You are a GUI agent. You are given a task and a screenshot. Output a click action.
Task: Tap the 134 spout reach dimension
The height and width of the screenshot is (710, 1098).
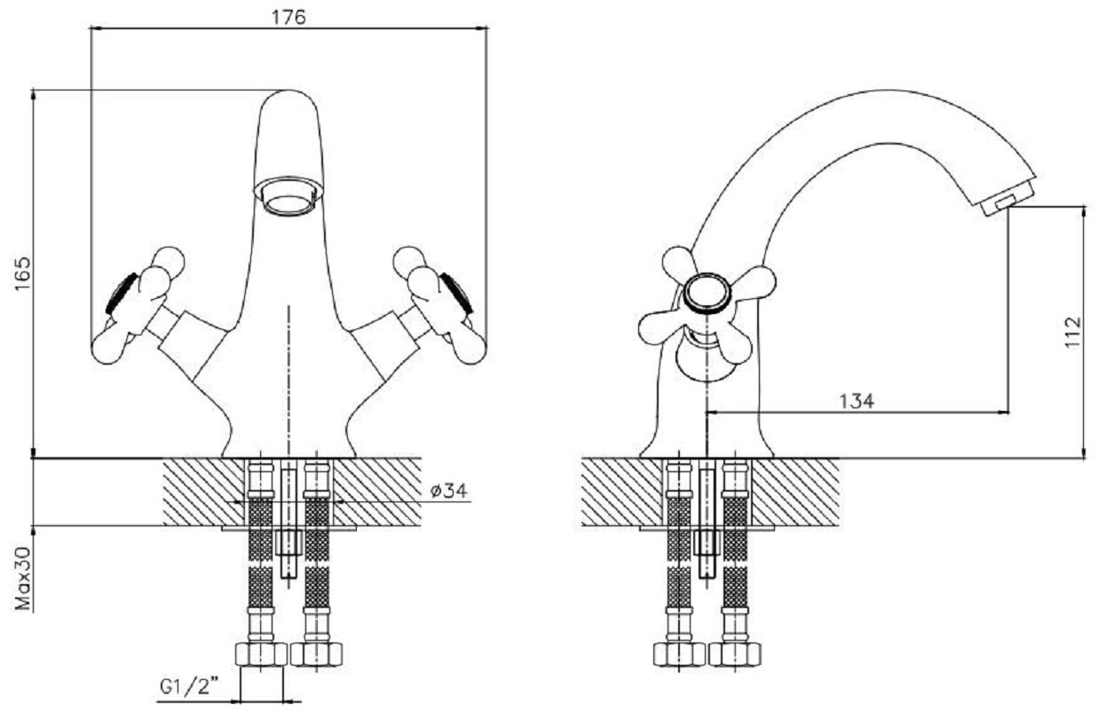point(857,400)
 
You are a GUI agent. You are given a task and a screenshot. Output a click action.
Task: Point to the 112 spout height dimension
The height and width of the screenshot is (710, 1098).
point(1073,332)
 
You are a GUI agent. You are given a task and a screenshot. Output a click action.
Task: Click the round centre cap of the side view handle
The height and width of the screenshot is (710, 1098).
point(707,293)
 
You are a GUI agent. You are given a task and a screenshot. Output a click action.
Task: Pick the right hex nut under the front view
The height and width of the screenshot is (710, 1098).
point(316,655)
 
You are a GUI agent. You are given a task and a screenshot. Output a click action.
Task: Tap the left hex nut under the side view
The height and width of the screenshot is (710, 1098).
point(678,655)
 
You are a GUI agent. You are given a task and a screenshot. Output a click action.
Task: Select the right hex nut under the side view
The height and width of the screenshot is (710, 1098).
point(734,655)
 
